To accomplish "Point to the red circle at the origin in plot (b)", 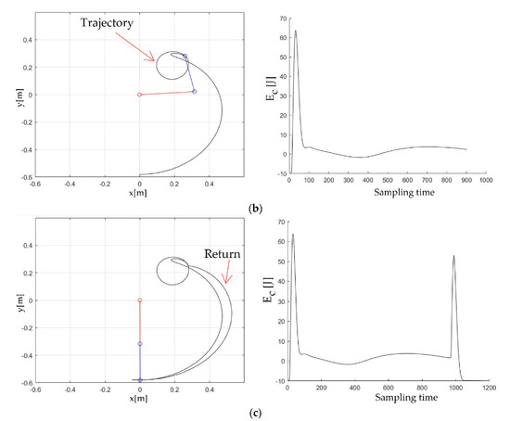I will click(139, 95).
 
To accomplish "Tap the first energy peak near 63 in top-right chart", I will click(296, 32).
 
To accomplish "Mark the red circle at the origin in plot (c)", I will click(139, 300).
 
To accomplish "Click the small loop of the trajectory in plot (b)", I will click(171, 66).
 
